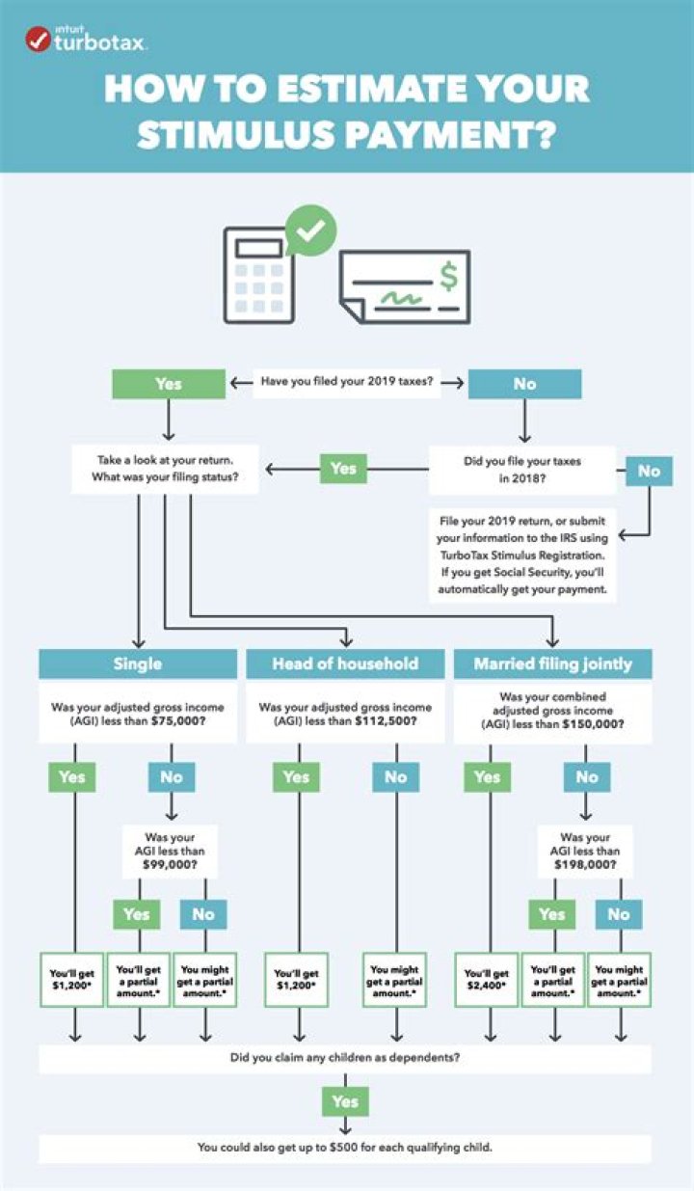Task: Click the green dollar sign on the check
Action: coord(447,277)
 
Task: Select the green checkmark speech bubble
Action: coord(310,230)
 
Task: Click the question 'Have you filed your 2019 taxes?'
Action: coord(346,383)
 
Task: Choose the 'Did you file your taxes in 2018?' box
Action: coord(521,469)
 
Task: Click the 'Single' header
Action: coord(138,663)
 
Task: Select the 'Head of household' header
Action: coord(345,663)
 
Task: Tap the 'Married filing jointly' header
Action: coord(552,663)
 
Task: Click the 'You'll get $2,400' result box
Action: coord(487,980)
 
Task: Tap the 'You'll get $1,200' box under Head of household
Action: coord(296,980)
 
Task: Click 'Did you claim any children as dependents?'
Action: coord(344,1059)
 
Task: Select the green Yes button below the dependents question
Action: coord(344,1101)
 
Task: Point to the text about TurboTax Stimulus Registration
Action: coord(523,555)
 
